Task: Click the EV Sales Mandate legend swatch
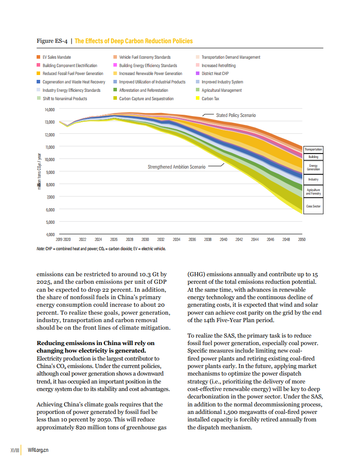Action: click(x=38, y=57)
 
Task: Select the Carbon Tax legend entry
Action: click(x=210, y=99)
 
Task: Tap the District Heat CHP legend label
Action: click(x=215, y=74)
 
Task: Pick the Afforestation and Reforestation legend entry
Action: click(x=143, y=90)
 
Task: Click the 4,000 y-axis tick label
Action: click(x=49, y=234)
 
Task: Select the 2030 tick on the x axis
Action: click(x=145, y=240)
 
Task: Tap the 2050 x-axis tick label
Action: click(x=302, y=240)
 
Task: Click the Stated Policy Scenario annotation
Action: click(x=236, y=115)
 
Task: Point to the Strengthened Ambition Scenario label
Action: click(x=176, y=167)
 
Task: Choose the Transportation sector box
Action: click(x=313, y=150)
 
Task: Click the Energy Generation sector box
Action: click(x=313, y=167)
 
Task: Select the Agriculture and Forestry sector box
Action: click(x=313, y=192)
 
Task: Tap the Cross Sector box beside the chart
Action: click(x=313, y=206)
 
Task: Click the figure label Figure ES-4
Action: click(x=52, y=41)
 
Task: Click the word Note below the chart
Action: click(x=40, y=249)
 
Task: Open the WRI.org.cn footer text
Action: click(x=38, y=450)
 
